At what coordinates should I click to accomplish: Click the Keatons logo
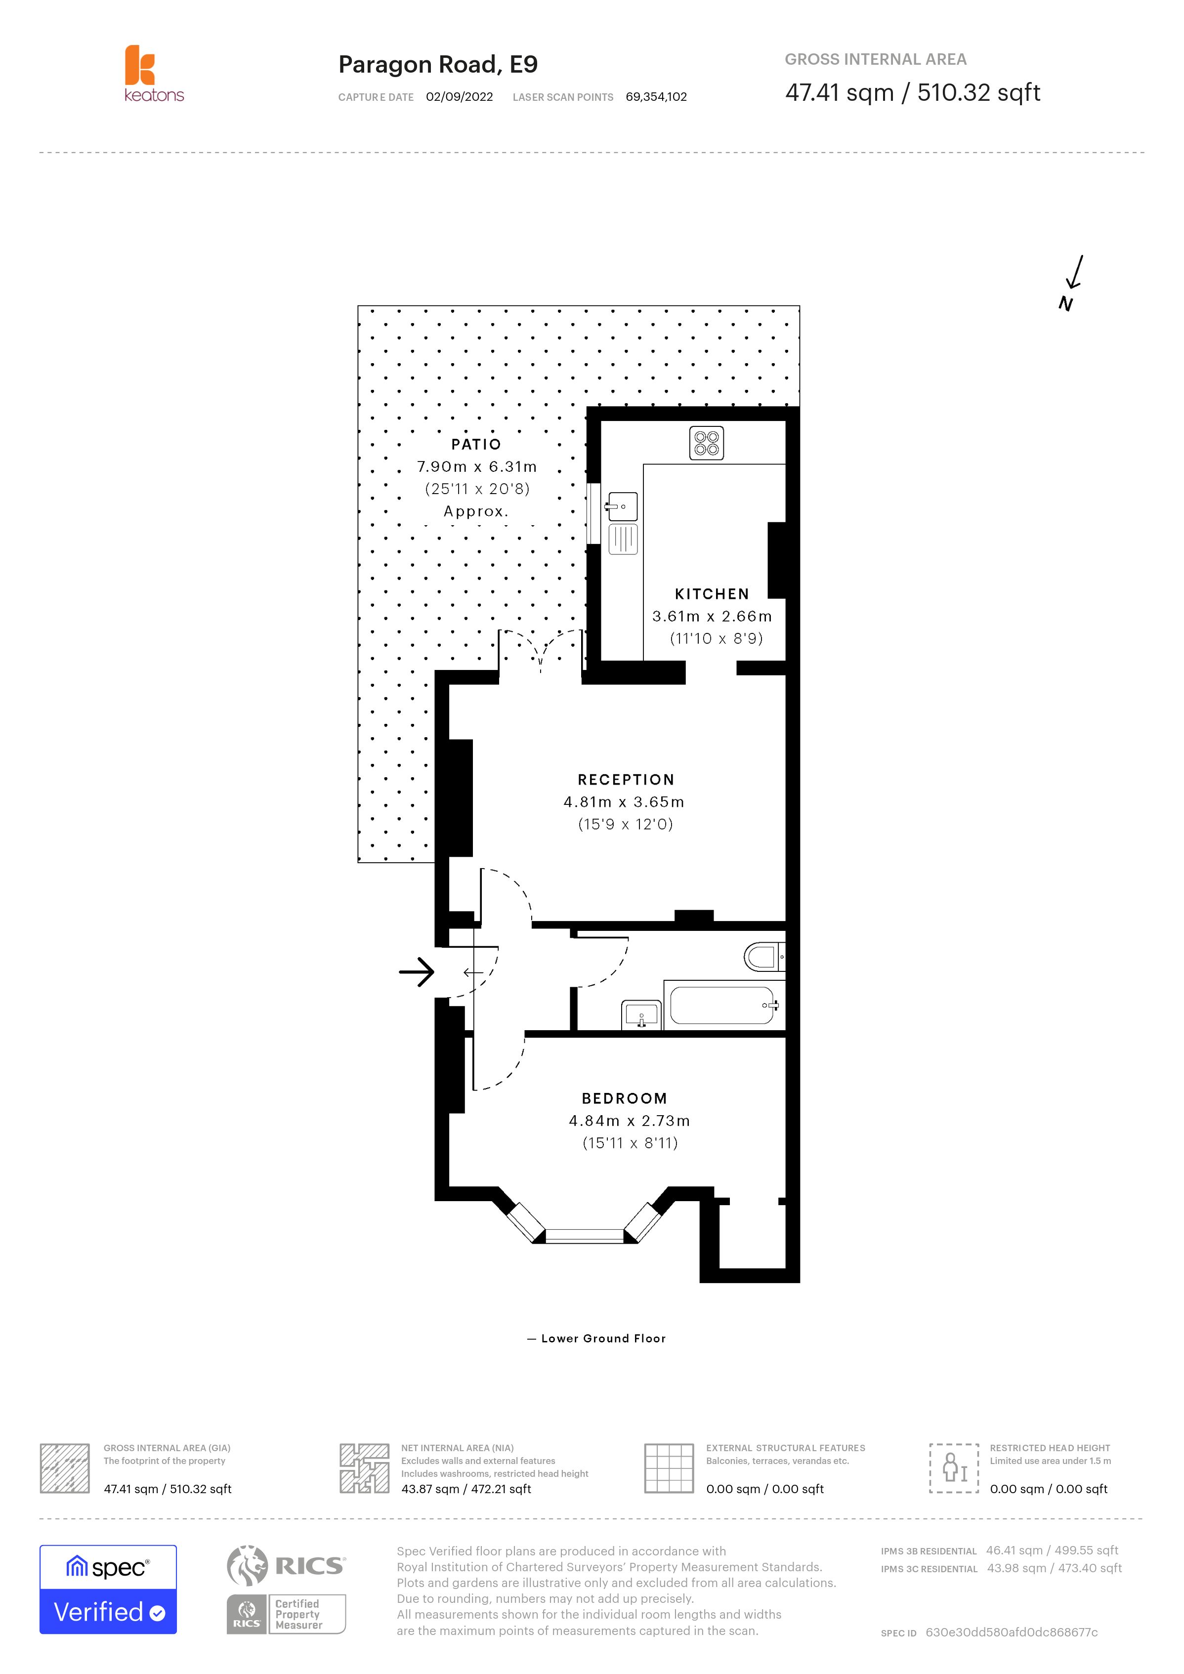(153, 74)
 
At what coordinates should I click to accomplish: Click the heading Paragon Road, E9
(437, 64)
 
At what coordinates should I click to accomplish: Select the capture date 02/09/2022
(459, 97)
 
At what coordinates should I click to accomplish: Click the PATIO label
(476, 444)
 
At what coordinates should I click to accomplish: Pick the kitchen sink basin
(622, 506)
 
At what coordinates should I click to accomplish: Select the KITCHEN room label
(712, 593)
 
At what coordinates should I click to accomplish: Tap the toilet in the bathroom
(762, 957)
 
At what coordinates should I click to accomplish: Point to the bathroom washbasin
(641, 1015)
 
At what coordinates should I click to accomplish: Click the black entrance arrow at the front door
(417, 971)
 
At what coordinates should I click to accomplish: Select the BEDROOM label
(624, 1098)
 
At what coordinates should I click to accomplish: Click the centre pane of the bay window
(584, 1235)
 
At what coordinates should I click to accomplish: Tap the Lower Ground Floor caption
(602, 1339)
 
